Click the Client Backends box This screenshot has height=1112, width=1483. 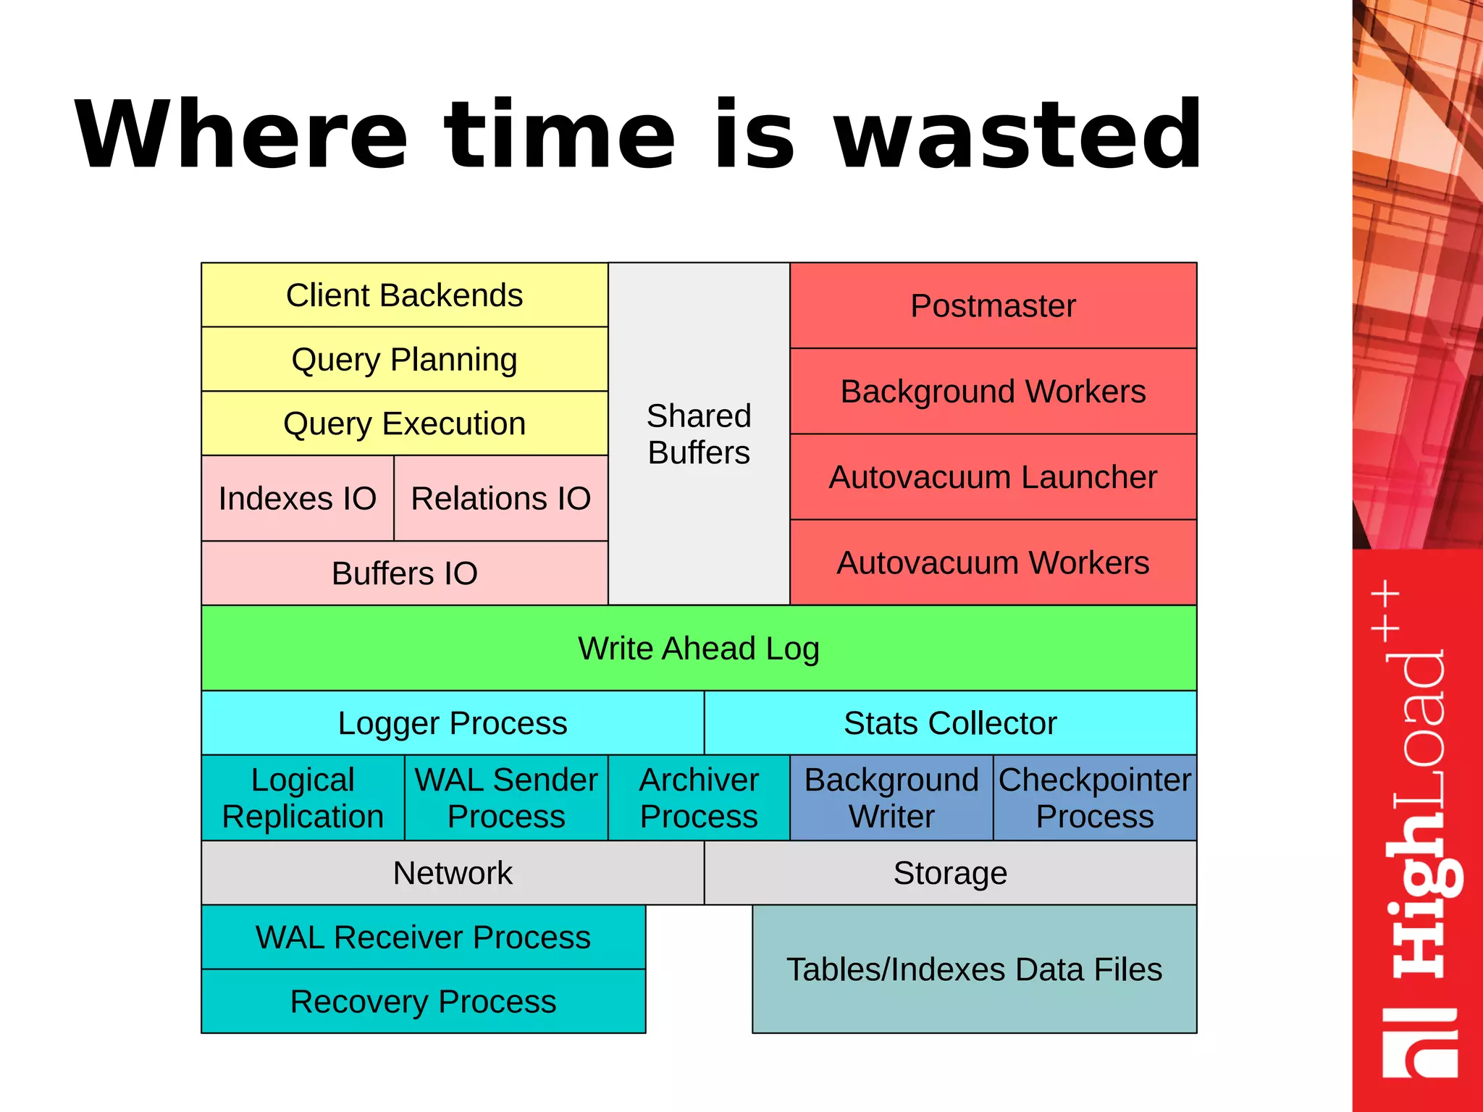404,295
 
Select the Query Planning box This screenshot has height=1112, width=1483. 404,359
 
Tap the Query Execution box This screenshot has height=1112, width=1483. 404,424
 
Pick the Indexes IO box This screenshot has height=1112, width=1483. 298,498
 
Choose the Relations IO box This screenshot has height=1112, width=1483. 500,498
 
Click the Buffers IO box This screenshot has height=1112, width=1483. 404,573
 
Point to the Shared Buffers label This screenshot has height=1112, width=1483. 699,434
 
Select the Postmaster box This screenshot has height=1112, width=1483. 993,306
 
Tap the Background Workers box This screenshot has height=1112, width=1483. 993,392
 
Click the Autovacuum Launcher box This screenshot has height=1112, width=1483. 993,477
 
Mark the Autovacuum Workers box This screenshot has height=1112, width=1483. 993,563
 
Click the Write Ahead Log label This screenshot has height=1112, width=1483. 699,649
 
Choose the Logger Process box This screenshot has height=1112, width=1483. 453,723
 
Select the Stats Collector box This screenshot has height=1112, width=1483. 950,723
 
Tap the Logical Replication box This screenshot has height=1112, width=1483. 303,798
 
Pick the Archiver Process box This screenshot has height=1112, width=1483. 699,798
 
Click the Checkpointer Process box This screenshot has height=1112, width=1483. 1095,798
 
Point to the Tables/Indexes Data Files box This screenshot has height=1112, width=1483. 975,969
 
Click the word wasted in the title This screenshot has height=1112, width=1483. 1018,135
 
